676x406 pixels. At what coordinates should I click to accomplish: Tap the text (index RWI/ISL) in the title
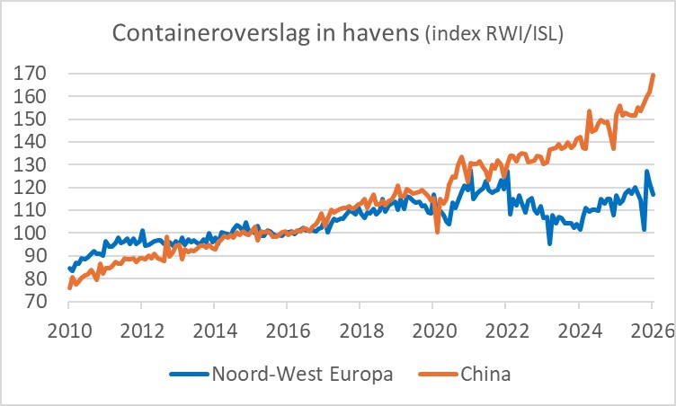(x=500, y=35)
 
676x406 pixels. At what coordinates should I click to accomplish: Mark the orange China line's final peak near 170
(x=654, y=75)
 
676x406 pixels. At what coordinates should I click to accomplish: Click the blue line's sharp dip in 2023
(x=549, y=243)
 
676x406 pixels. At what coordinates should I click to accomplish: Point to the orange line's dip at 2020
(x=438, y=232)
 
